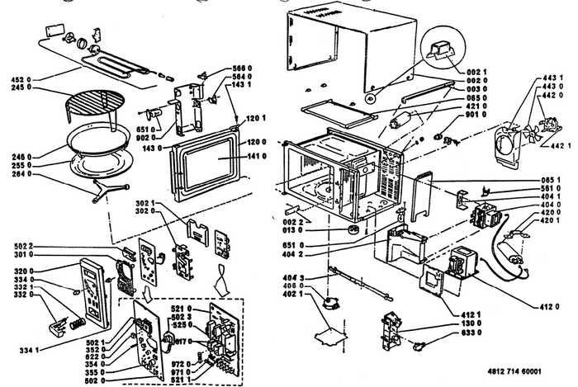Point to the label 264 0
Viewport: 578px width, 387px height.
21,174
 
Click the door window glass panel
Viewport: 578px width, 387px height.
208,159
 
